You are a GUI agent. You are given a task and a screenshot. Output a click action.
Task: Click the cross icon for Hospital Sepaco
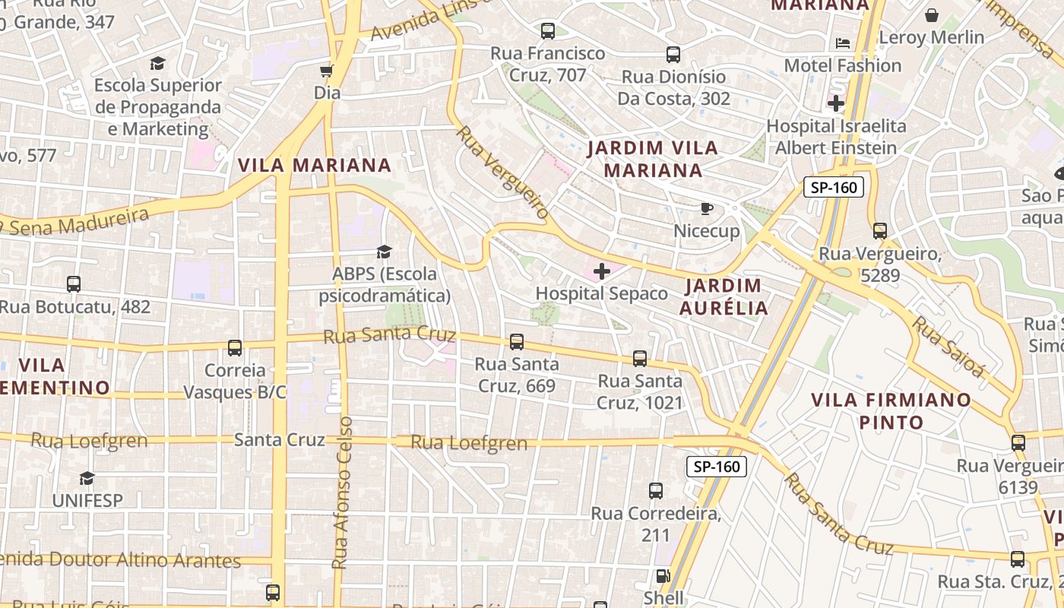(x=601, y=271)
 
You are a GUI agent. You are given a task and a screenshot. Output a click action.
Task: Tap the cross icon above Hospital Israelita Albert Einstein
(x=836, y=103)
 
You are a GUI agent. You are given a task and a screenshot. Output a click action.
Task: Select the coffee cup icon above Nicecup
(x=706, y=208)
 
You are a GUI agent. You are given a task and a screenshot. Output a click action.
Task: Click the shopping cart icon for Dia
(x=327, y=71)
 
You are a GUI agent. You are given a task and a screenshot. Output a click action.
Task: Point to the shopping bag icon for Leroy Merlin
(x=931, y=15)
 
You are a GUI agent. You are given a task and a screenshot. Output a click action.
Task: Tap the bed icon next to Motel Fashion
(x=843, y=43)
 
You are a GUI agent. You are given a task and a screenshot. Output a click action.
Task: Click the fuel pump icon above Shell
(x=663, y=577)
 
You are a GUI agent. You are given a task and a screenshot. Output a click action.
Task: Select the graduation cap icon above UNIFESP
(x=87, y=478)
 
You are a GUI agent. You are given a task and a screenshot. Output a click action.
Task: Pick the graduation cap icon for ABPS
(x=384, y=252)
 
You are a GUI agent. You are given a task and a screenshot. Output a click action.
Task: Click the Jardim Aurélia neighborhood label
(x=724, y=297)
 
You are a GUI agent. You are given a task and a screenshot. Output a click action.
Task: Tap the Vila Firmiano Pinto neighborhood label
(x=891, y=410)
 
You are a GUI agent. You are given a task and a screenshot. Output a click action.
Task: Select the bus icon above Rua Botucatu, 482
(x=74, y=284)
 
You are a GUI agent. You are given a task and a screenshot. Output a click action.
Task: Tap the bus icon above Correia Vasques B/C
(x=235, y=348)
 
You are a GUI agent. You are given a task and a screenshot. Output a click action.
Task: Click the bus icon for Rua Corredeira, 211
(x=656, y=491)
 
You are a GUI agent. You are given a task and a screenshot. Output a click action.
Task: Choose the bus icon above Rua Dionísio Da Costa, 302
(x=673, y=55)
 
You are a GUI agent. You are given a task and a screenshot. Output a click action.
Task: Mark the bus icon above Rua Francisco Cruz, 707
(x=547, y=31)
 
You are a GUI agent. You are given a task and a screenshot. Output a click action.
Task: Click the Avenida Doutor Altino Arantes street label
(x=120, y=561)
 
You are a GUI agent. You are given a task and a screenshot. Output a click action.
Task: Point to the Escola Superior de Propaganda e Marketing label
(x=158, y=107)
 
